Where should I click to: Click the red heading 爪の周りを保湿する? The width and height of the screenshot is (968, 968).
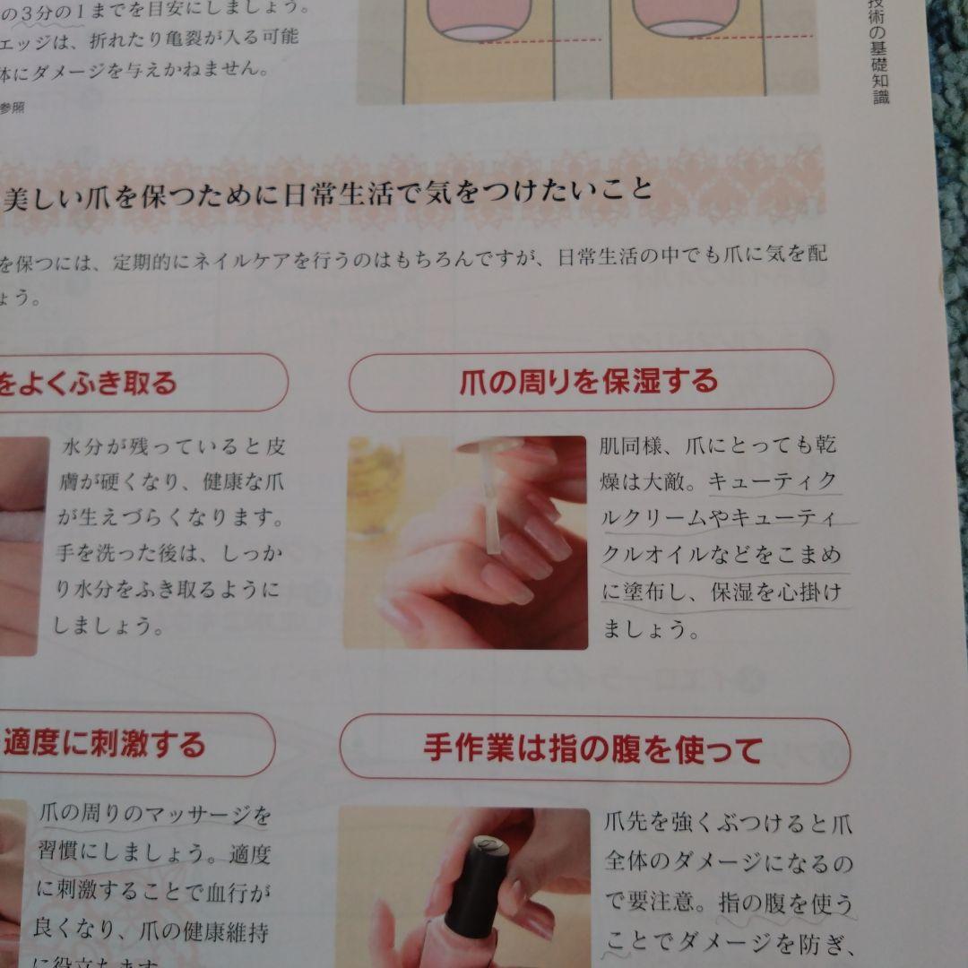coord(588,381)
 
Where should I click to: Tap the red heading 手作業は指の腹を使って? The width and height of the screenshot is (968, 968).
coord(592,749)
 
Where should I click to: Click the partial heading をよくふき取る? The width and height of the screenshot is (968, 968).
coord(91,384)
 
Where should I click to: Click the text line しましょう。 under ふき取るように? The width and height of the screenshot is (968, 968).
coord(108,626)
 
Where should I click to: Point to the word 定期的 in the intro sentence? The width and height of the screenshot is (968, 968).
coord(152,263)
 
